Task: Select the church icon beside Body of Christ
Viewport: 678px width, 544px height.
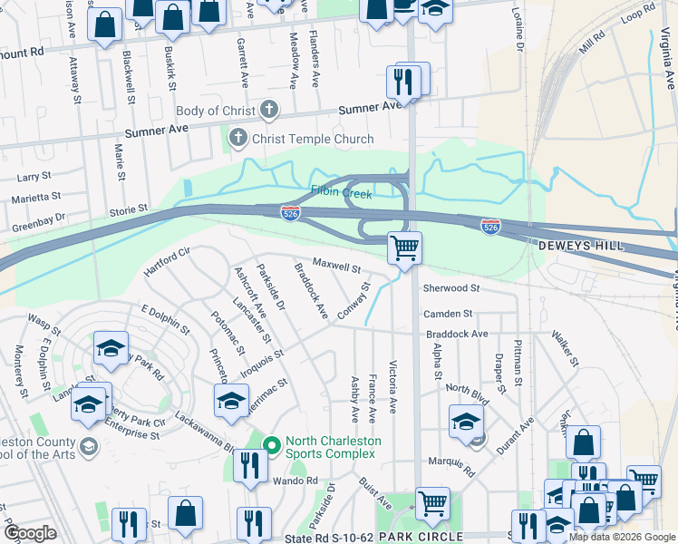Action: pos(267,112)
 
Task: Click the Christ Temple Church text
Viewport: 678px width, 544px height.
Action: pos(313,139)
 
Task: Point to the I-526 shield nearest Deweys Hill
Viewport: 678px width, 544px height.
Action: pos(490,224)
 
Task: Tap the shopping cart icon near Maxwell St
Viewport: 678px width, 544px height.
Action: pos(404,247)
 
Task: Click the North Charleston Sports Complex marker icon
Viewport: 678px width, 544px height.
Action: pos(271,442)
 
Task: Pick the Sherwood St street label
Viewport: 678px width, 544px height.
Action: pos(450,288)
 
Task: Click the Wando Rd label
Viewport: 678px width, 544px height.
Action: pos(298,481)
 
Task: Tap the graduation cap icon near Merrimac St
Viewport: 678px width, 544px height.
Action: pos(231,400)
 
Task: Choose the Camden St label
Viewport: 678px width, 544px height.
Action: pos(448,314)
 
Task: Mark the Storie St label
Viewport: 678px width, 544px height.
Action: pos(128,210)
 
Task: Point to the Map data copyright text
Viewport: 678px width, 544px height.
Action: pos(621,537)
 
